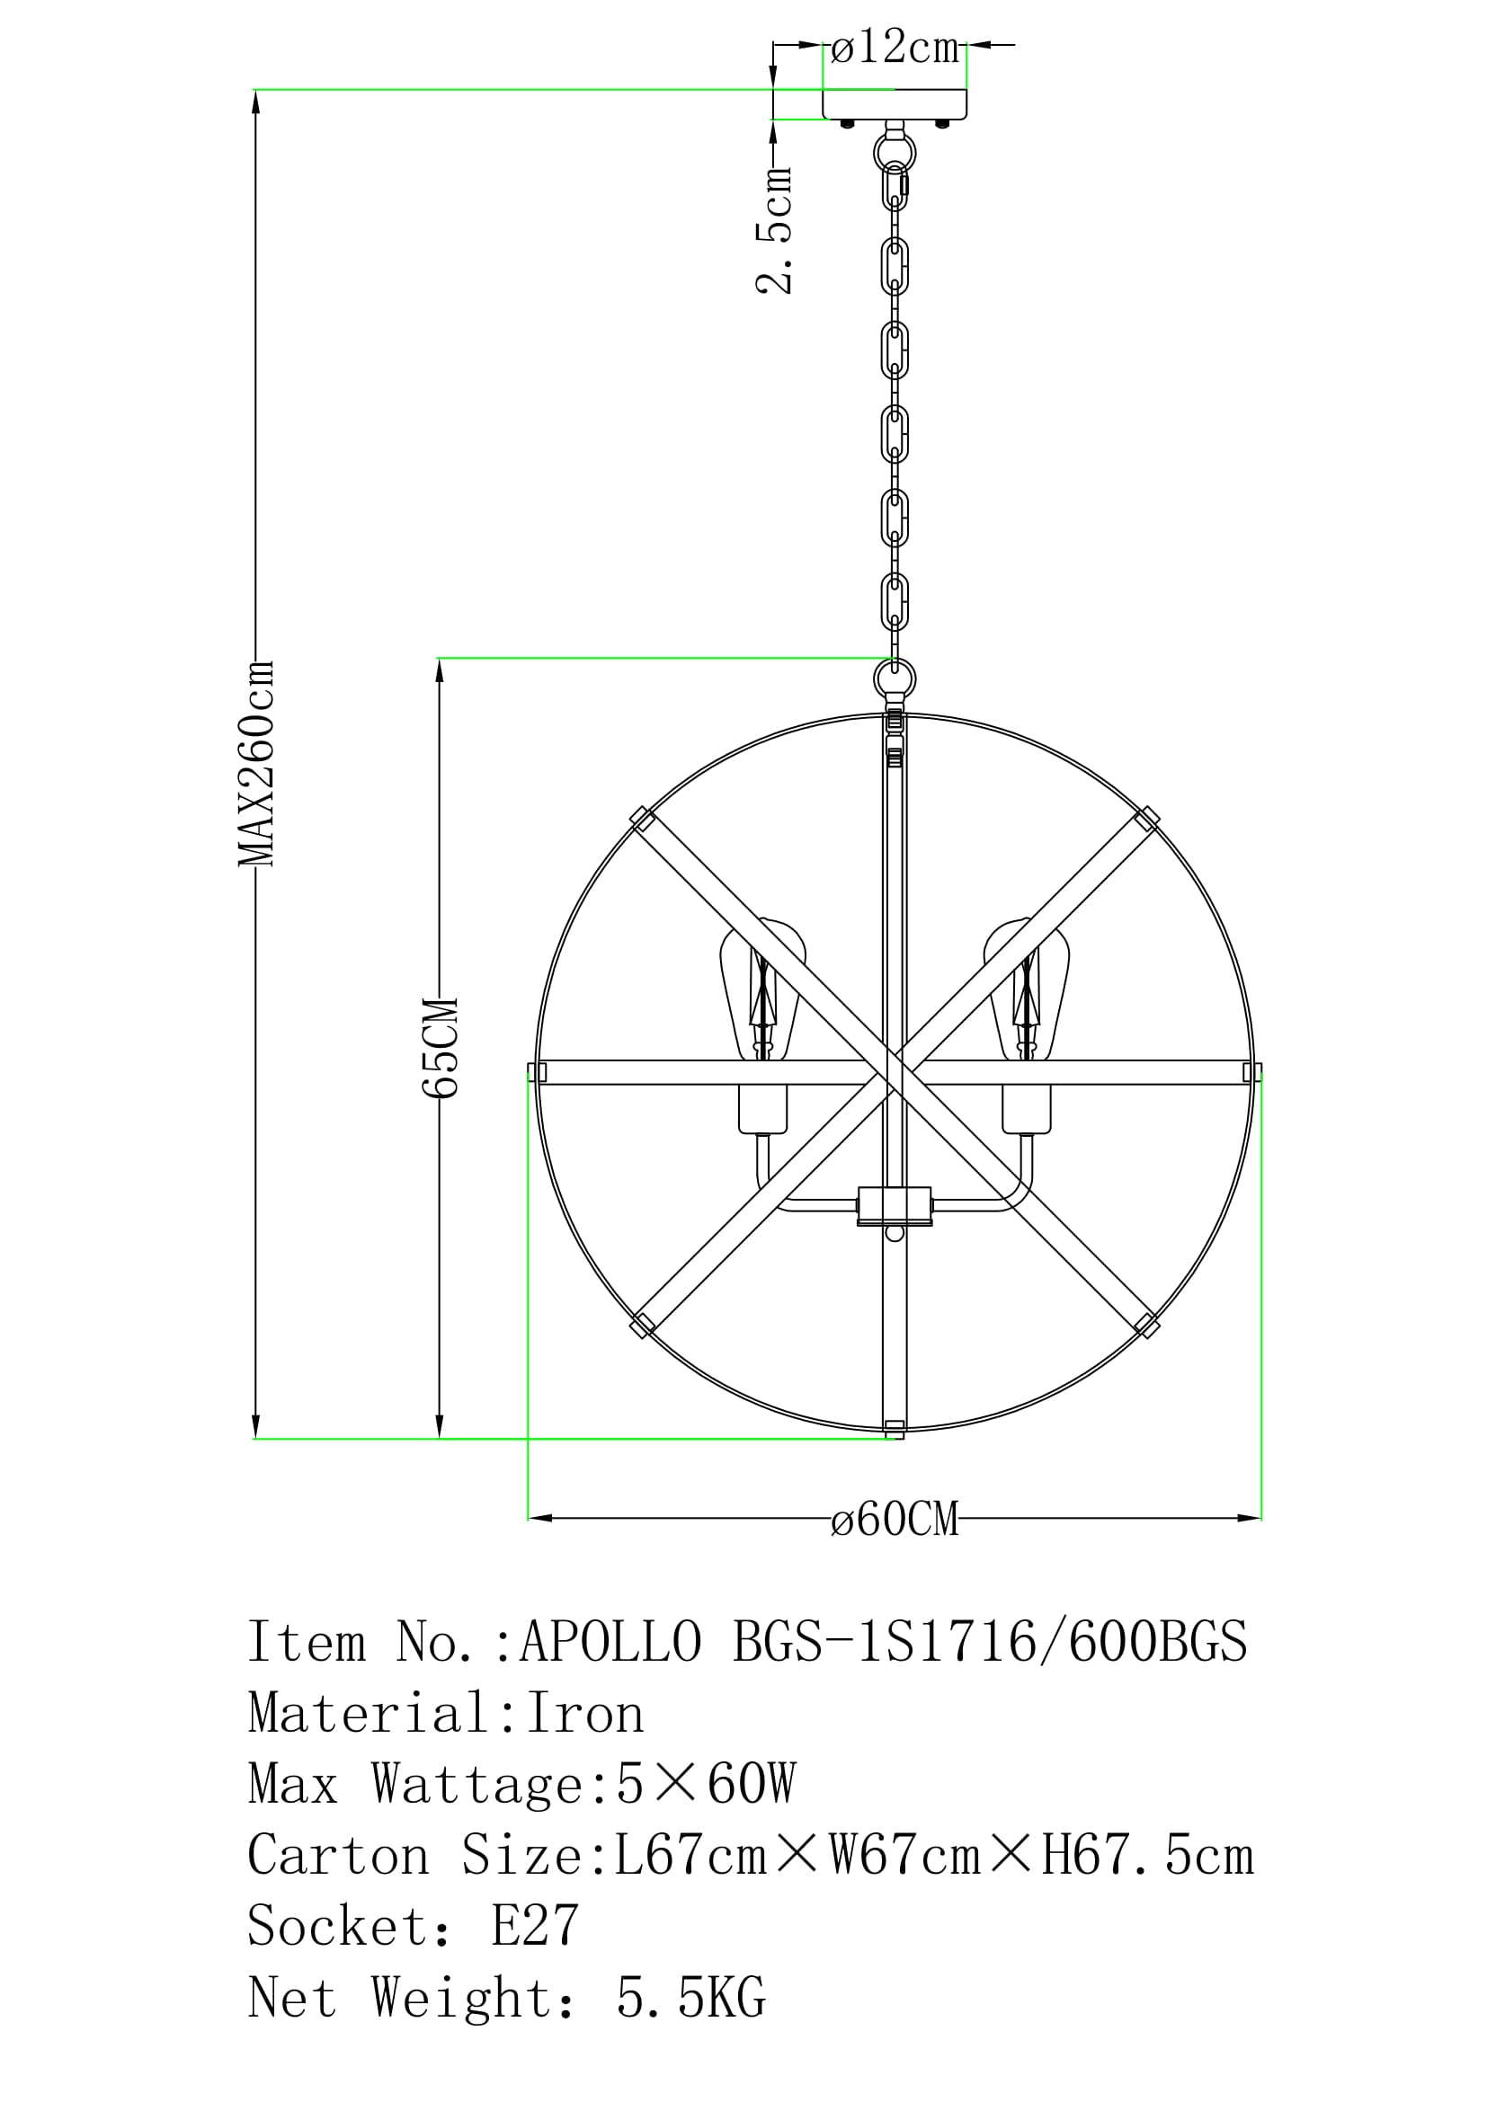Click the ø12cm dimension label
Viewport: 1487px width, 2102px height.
[895, 47]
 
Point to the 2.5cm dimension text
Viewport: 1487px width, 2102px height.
[774, 230]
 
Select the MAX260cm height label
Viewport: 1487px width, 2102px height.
[255, 763]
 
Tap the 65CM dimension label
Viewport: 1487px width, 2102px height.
[440, 1046]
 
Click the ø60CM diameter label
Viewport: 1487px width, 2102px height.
[895, 1519]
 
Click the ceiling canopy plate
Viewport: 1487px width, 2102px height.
[895, 104]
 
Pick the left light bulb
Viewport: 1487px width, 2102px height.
[761, 990]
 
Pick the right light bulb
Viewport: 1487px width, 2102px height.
[1027, 990]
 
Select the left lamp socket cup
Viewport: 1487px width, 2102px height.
[762, 1109]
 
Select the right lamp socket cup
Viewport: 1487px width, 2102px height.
[1027, 1109]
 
